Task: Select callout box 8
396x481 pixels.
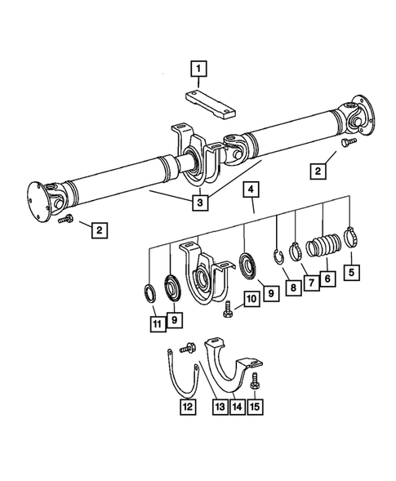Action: click(x=291, y=287)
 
